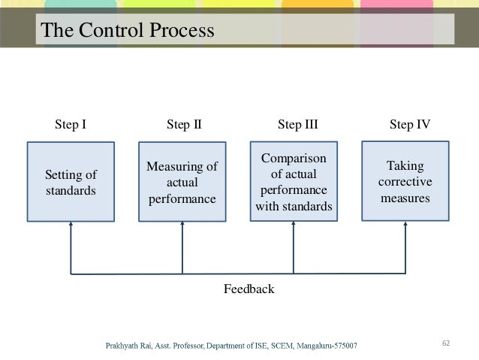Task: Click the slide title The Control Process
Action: [127, 31]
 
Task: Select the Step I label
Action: [71, 125]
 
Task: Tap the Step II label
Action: [183, 125]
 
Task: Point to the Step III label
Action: [298, 125]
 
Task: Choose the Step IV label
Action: [410, 125]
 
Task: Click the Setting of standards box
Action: [71, 182]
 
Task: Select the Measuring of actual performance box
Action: [182, 182]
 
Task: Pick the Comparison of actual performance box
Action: [294, 181]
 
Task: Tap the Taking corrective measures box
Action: [405, 181]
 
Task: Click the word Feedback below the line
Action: [249, 289]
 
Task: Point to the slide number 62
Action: [446, 343]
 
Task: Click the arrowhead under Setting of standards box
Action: [71, 227]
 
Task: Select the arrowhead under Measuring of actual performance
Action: [182, 227]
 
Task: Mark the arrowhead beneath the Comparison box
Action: [294, 227]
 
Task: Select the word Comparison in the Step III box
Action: [294, 159]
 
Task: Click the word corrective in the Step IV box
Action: [405, 182]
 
